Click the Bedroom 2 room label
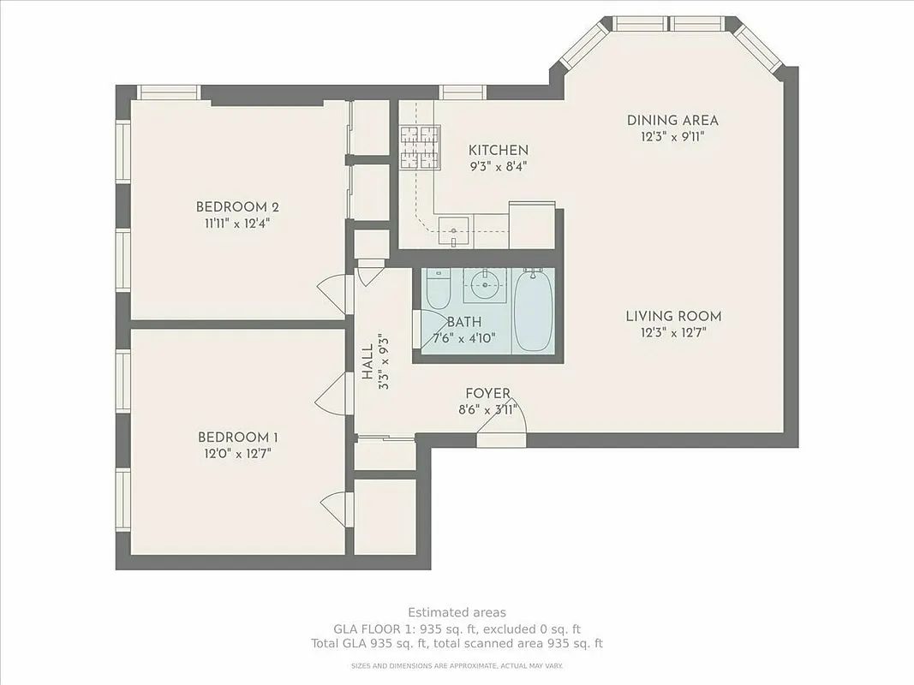[237, 206]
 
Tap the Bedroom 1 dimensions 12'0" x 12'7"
[237, 453]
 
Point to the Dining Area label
[672, 121]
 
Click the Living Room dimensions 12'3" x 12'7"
[672, 332]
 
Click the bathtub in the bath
[534, 309]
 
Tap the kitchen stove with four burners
[419, 146]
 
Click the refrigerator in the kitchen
[532, 224]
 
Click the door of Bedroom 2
[334, 295]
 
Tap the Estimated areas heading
[457, 612]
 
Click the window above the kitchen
[463, 92]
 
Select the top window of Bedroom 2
[169, 92]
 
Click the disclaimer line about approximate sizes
[457, 664]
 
